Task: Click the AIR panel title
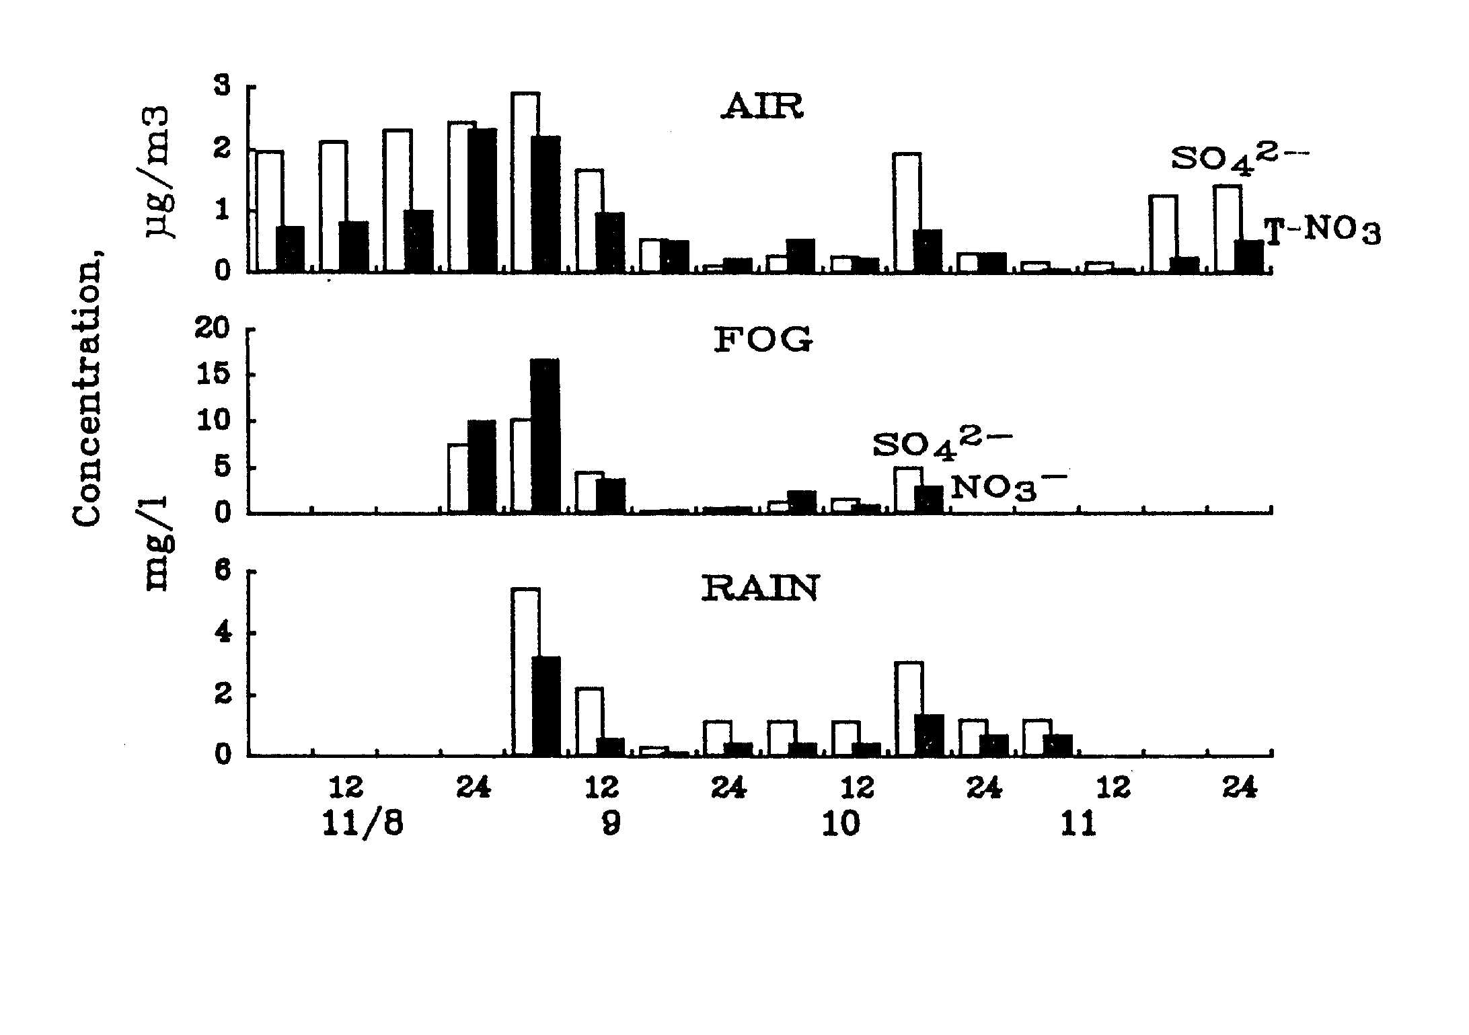[761, 107]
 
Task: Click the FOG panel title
[763, 340]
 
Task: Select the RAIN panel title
[760, 588]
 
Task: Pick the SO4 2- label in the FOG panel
[942, 445]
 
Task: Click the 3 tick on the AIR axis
[222, 87]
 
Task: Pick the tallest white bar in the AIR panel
[525, 182]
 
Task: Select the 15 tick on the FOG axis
[215, 375]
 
